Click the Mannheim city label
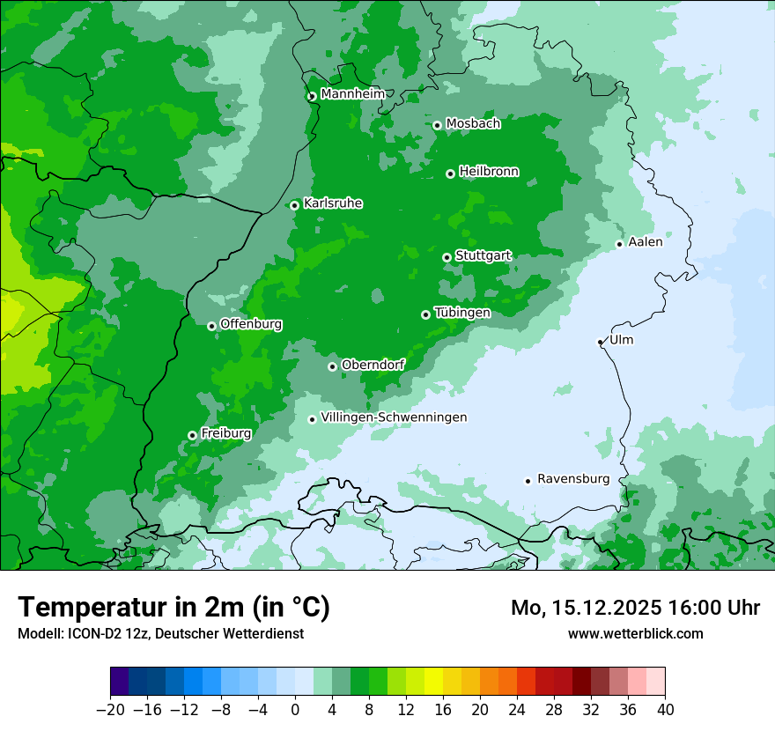click(352, 94)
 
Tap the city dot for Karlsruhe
click(295, 205)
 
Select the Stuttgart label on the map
click(483, 256)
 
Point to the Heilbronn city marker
click(450, 174)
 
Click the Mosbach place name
click(473, 124)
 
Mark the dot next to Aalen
click(619, 244)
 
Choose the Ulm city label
click(621, 340)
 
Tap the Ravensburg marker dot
click(528, 481)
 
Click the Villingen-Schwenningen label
click(394, 417)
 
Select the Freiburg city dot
click(192, 435)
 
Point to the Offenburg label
click(251, 324)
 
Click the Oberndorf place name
click(373, 365)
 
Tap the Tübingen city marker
click(425, 314)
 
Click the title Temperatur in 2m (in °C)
click(173, 607)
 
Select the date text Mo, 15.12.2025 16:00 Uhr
click(635, 608)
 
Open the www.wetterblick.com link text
click(635, 633)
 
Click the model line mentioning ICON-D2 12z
click(160, 633)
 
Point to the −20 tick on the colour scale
click(110, 710)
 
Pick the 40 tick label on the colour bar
click(665, 710)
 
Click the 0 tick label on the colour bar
click(295, 710)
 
